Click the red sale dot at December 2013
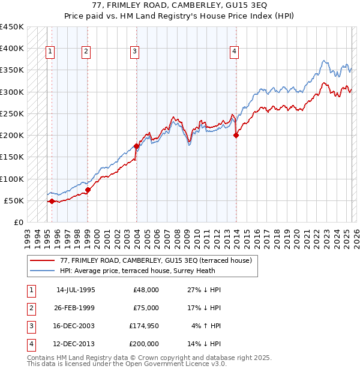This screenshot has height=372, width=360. [x=236, y=136]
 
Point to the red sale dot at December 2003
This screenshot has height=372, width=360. [x=137, y=146]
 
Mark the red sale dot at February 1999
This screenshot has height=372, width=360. [x=88, y=190]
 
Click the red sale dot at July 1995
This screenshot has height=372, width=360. [x=52, y=201]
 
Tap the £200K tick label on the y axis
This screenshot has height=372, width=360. [x=12, y=136]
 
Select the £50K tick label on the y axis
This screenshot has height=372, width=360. [x=14, y=200]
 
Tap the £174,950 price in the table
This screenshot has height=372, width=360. [x=143, y=326]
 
